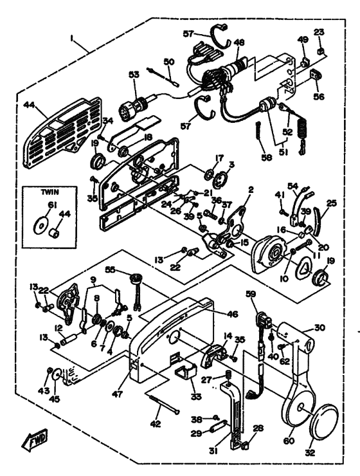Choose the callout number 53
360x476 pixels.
coord(134,75)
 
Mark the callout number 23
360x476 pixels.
coord(319,33)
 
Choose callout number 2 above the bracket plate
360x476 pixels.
coord(242,191)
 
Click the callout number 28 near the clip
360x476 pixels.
coord(257,428)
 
